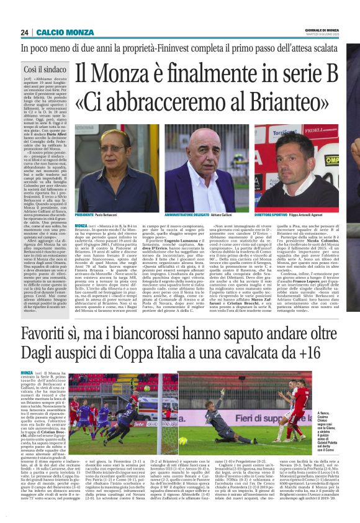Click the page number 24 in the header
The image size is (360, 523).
click(25, 32)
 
